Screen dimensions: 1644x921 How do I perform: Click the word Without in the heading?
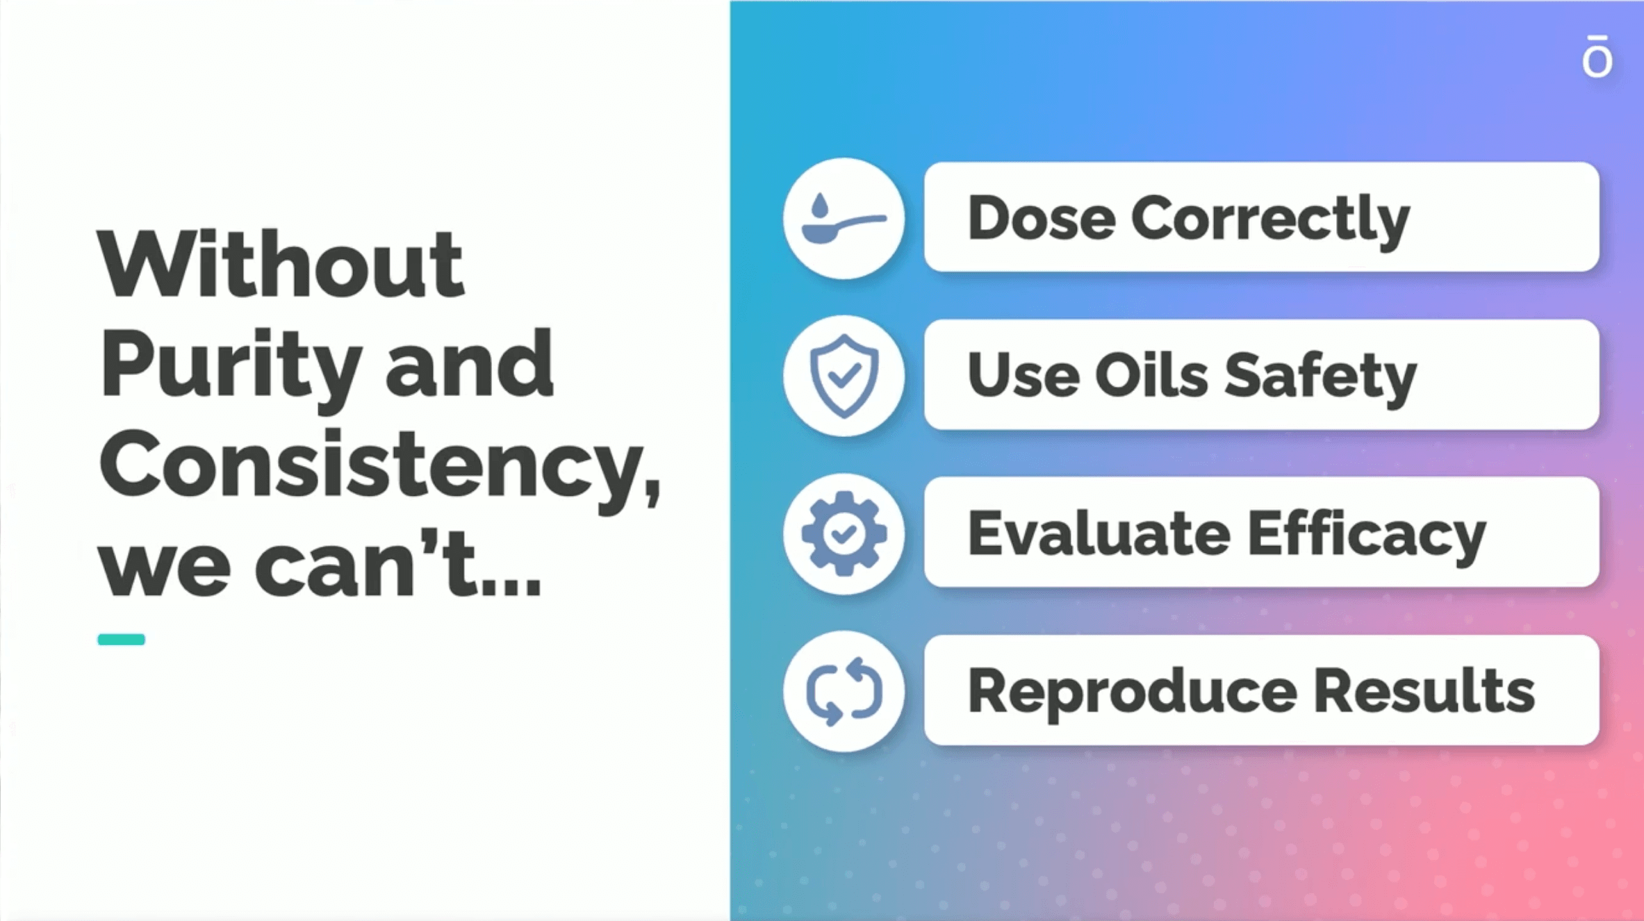coord(281,265)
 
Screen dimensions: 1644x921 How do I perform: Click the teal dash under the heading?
coord(122,640)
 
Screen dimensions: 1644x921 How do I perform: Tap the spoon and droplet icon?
coord(844,218)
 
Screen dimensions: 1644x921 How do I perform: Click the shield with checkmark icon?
coord(844,376)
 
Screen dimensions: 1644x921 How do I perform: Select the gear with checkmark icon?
coord(844,533)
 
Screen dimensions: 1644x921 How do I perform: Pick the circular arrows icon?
coord(844,691)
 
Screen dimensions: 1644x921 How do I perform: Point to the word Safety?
coord(1320,379)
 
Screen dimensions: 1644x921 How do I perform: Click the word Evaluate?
coord(1099,533)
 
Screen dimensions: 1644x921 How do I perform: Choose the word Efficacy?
coord(1367,536)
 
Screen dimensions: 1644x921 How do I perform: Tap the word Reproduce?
coord(1133,694)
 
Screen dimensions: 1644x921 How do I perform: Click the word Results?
coord(1424,690)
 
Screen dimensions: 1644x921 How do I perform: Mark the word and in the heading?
coord(470,363)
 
